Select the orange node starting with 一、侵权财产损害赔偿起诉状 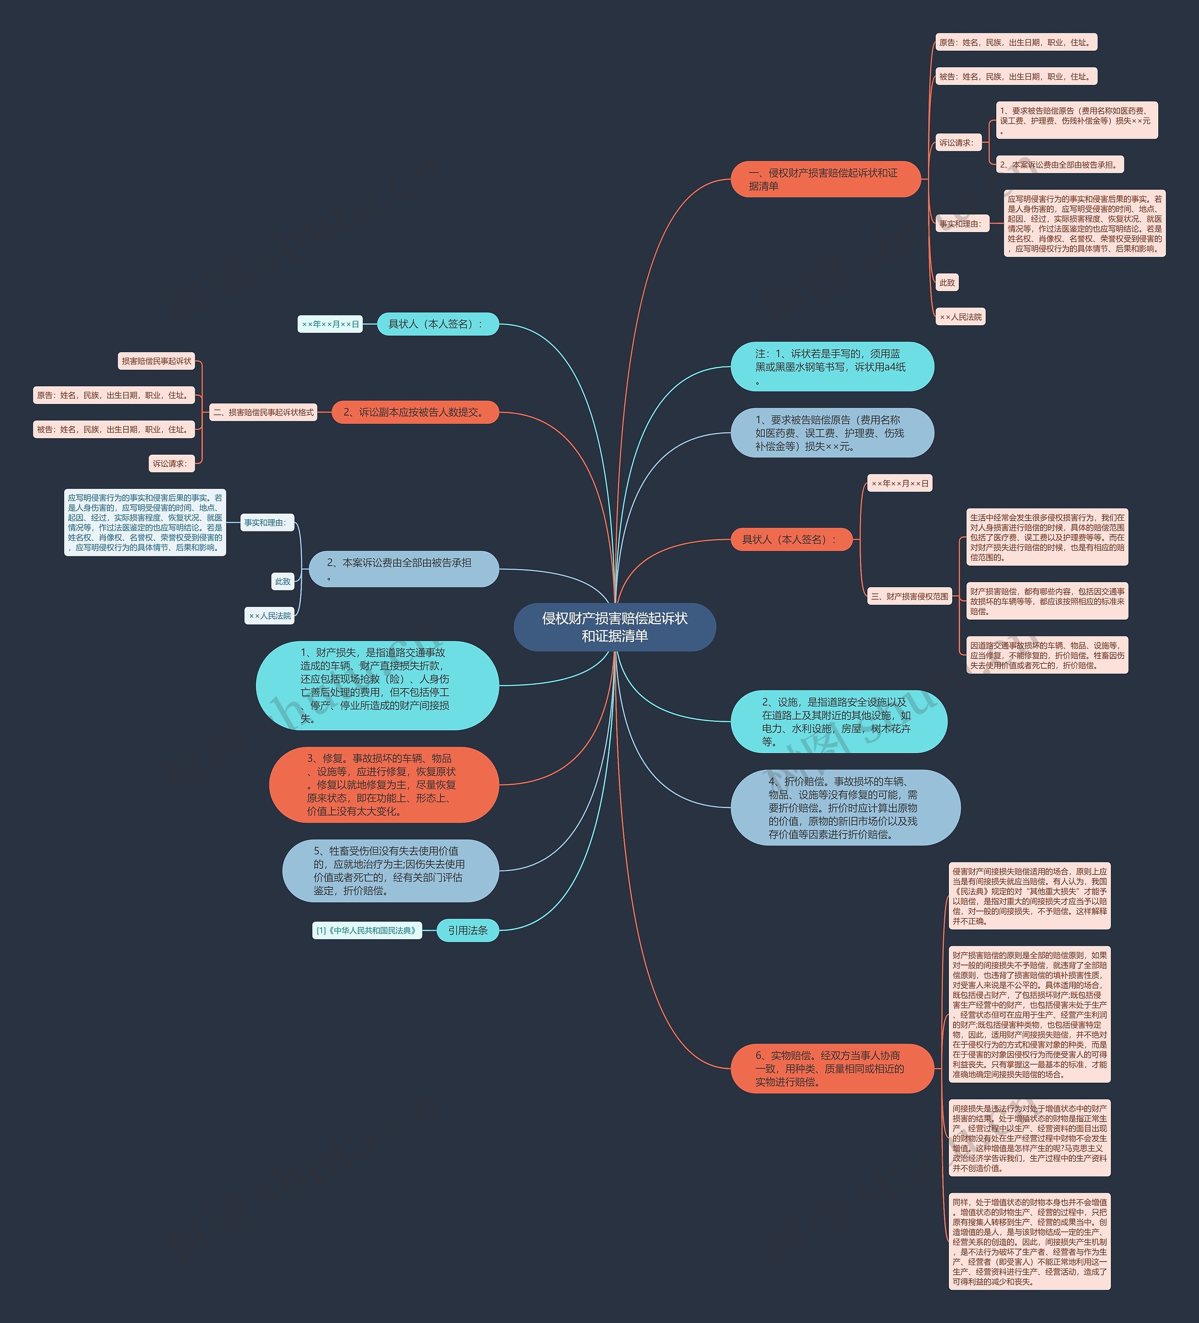point(825,179)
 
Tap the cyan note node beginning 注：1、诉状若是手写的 point(832,366)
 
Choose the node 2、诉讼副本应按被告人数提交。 point(415,412)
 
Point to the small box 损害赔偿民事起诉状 point(157,361)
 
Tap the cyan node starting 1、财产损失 point(377,685)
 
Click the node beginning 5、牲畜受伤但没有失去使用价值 point(390,870)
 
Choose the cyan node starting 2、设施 point(838,721)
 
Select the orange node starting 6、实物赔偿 point(832,1069)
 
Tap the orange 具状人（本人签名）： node point(792,539)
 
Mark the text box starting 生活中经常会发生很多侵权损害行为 point(1047,537)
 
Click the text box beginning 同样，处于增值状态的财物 point(1029,1241)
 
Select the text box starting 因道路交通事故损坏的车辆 point(1047,655)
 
